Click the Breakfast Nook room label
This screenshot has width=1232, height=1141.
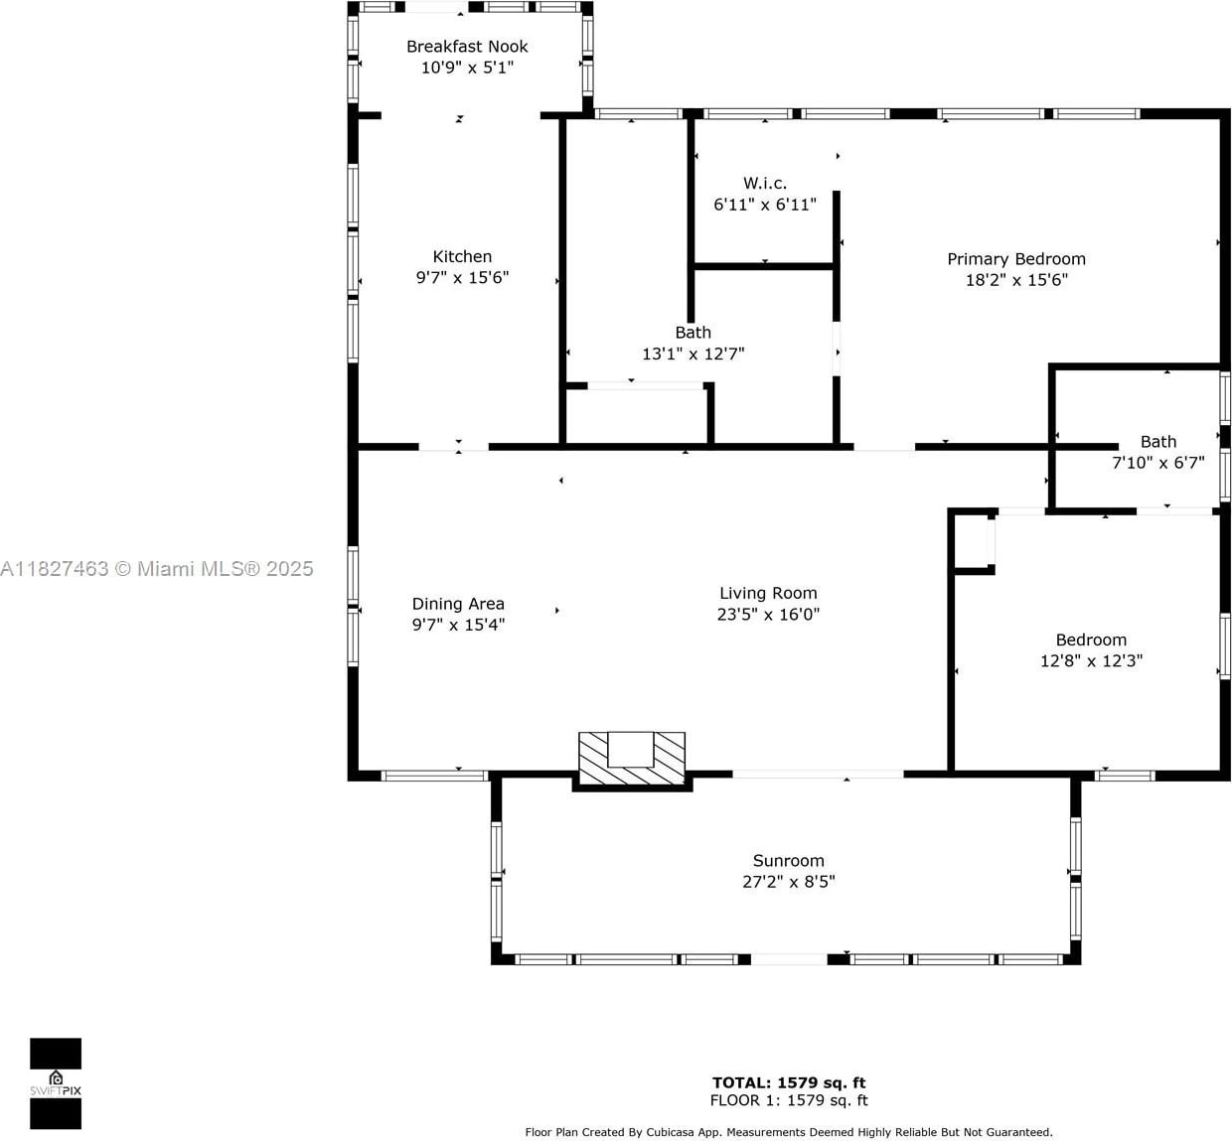point(467,47)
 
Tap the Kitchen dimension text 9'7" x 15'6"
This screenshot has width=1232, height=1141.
point(462,277)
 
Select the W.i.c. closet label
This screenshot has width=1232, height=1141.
point(765,183)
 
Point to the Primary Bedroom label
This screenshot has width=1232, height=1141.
point(1016,259)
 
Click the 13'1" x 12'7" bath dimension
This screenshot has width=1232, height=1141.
point(693,354)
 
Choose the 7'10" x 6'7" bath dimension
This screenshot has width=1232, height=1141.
point(1158,462)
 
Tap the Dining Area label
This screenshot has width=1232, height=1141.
point(458,604)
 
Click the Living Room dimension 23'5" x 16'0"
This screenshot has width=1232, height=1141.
point(768,614)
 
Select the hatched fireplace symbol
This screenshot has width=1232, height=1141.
point(632,758)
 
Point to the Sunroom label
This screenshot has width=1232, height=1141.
point(789,860)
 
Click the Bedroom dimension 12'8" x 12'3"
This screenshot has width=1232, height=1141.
point(1091,660)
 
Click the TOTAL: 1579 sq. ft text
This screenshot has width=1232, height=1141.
point(789,1082)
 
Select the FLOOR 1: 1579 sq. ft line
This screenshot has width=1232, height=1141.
point(789,1100)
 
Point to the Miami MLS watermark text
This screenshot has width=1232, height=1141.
point(157,569)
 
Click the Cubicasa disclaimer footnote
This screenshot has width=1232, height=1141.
point(789,1132)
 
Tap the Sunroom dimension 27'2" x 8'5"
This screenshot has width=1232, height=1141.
point(789,881)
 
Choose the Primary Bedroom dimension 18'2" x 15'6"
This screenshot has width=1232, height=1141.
point(1016,280)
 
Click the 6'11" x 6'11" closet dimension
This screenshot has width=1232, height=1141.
point(765,204)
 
